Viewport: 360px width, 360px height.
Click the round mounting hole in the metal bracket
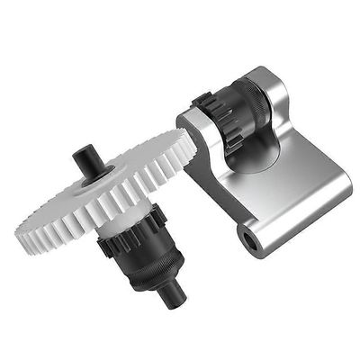pyautogui.click(x=249, y=238)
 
